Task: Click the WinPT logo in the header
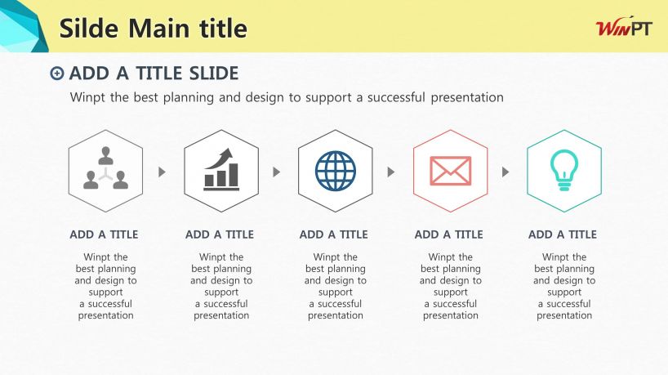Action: [x=624, y=28]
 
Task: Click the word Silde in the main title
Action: [x=89, y=28]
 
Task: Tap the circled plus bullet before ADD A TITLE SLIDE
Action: [x=56, y=74]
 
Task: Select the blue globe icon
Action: [x=336, y=171]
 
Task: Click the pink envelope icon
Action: [x=450, y=171]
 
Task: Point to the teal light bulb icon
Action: [x=564, y=170]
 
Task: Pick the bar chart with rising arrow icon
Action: [x=221, y=169]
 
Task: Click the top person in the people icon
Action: [x=105, y=155]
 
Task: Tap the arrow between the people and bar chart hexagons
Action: [x=162, y=172]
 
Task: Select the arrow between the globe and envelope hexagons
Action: [x=390, y=172]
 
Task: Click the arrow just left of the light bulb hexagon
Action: [x=505, y=172]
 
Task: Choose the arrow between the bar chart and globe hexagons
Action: [x=277, y=172]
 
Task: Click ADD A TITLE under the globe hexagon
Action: [x=333, y=234]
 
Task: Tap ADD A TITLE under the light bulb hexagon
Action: [x=563, y=234]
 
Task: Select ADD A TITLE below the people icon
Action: [x=104, y=234]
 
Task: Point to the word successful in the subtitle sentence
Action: [x=396, y=97]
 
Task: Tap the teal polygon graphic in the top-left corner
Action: [x=21, y=26]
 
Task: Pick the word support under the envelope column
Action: [x=450, y=292]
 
